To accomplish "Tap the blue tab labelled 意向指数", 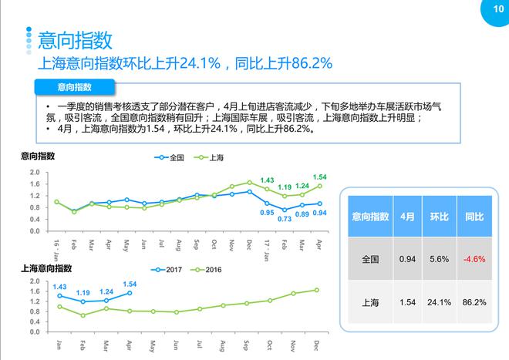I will click(x=74, y=86).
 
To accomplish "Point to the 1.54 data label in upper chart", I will click(x=320, y=177).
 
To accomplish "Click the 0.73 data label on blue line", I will click(x=285, y=219).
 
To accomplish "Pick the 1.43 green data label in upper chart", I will click(x=268, y=180).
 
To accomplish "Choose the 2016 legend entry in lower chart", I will click(x=210, y=270).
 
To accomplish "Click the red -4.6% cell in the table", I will click(x=474, y=259).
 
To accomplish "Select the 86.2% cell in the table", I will click(x=474, y=302).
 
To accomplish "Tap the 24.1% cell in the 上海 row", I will click(x=440, y=302).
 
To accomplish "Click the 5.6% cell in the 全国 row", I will click(x=440, y=259).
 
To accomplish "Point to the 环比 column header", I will click(x=440, y=217).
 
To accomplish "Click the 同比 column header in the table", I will click(x=474, y=217).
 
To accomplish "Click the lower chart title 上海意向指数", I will click(x=46, y=268).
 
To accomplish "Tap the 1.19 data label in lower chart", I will click(x=83, y=293).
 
